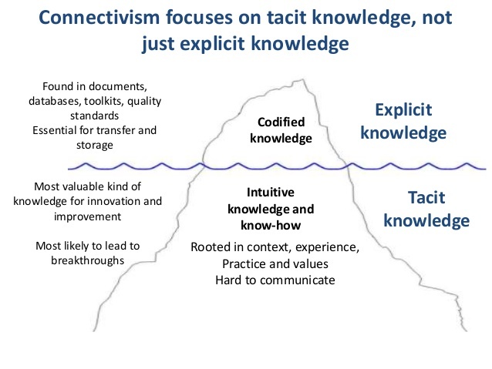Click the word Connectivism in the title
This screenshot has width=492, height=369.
[x=99, y=17]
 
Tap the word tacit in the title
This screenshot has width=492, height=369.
[x=286, y=17]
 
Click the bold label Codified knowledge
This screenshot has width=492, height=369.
[x=281, y=130]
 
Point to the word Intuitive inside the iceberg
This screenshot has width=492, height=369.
[x=271, y=192]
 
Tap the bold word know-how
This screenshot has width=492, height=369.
[x=271, y=225]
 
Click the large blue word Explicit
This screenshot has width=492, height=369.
[x=403, y=110]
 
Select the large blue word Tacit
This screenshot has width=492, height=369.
[x=426, y=197]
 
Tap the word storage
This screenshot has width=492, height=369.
[x=94, y=146]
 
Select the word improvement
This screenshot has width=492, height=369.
[x=88, y=216]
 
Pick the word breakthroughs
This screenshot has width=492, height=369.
[x=88, y=260]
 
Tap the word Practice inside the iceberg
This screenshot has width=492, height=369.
[x=241, y=264]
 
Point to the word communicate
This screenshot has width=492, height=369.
[x=297, y=280]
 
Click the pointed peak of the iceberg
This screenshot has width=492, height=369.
[x=303, y=79]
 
